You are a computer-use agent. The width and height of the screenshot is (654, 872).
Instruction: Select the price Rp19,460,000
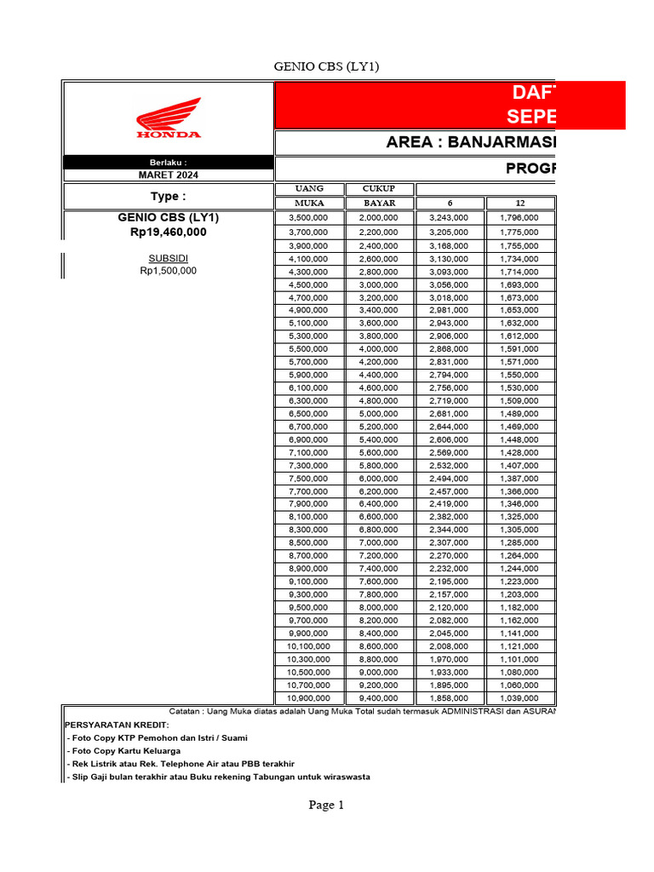coord(168,232)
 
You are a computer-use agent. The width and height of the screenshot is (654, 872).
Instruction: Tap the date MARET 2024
coord(168,175)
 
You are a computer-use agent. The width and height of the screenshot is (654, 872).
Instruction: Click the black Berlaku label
coord(168,162)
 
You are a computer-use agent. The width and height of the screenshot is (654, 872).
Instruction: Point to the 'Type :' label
coord(168,197)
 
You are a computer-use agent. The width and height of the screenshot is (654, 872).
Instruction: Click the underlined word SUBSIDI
coord(168,258)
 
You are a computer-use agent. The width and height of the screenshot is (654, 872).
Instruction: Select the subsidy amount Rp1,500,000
coord(168,271)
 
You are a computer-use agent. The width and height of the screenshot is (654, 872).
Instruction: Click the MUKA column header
coord(309,204)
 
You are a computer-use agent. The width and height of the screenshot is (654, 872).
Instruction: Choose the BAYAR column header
coord(380,204)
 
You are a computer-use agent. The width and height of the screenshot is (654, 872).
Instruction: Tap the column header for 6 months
coord(450,204)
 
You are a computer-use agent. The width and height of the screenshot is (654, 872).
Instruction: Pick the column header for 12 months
coord(520,204)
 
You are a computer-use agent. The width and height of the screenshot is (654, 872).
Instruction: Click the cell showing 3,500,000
coord(309,219)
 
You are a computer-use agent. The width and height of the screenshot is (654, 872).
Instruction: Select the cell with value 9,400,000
coord(380,698)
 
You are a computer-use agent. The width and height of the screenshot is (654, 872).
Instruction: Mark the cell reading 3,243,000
coord(450,219)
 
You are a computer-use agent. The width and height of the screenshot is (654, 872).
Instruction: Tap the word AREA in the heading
coord(409,142)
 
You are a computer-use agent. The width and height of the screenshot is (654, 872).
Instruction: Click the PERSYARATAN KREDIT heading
coord(117,724)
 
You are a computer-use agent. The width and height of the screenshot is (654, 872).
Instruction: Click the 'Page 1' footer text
coord(326,805)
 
